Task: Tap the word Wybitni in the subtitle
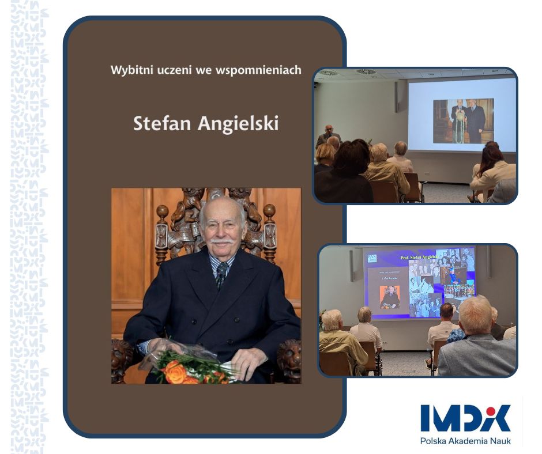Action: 127,70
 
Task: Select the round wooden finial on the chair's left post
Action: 163,212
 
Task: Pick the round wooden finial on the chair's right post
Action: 269,209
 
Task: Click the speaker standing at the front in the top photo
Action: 328,136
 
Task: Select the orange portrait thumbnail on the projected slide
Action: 390,296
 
